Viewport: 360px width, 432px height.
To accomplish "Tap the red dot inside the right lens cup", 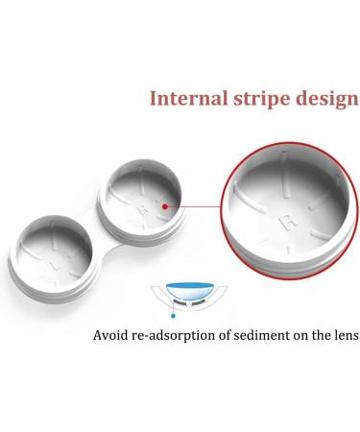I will pos(166,204).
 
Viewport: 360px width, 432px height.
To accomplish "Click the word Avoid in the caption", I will pos(112,336).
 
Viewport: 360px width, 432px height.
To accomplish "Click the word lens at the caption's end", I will pos(341,336).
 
